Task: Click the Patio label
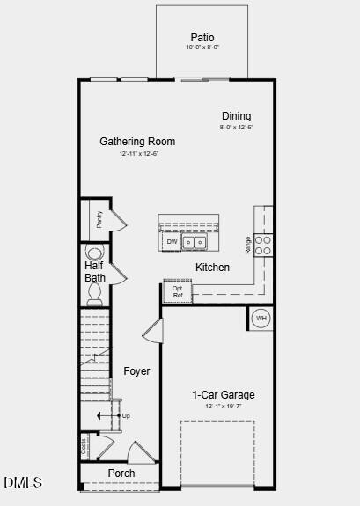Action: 202,38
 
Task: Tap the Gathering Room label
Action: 137,142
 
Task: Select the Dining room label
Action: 236,116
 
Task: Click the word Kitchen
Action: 212,268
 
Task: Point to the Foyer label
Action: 136,371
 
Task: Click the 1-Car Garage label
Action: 224,395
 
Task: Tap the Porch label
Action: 121,473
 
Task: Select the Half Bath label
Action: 95,271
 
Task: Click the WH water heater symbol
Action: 261,319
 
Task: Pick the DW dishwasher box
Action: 172,242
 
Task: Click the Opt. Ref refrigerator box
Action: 178,292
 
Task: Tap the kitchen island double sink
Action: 194,242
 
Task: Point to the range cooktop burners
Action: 263,244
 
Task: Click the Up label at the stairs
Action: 126,415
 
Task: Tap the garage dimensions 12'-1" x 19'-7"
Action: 224,407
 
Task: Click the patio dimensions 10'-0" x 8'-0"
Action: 202,48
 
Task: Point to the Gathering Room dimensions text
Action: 138,154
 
